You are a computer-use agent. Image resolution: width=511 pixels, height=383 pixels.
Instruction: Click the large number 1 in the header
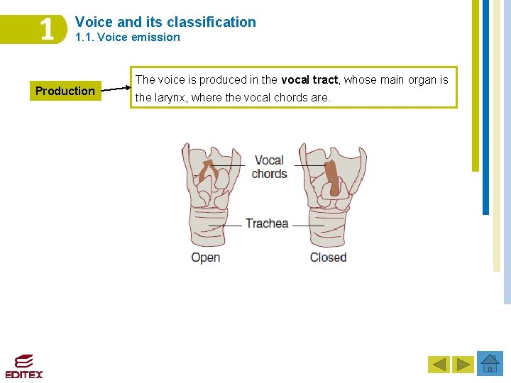pyautogui.click(x=46, y=30)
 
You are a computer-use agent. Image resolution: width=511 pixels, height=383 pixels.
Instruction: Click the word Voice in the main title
pyautogui.click(x=93, y=22)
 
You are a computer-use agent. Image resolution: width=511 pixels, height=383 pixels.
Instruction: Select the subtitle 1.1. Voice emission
pyautogui.click(x=128, y=38)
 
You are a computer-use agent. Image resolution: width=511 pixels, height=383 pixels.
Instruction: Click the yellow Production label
pyautogui.click(x=65, y=91)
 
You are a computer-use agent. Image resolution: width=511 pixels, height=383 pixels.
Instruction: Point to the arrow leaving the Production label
pyautogui.click(x=114, y=89)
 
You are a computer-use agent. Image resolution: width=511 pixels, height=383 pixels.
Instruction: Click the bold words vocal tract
pyautogui.click(x=310, y=80)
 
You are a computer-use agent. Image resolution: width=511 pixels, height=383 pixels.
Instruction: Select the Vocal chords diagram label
pyautogui.click(x=269, y=167)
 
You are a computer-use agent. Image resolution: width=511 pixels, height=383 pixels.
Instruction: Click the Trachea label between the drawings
pyautogui.click(x=267, y=223)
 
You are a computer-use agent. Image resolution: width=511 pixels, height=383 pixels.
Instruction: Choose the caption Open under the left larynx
pyautogui.click(x=205, y=257)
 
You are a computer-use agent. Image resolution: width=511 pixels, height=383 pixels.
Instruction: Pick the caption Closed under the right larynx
pyautogui.click(x=328, y=257)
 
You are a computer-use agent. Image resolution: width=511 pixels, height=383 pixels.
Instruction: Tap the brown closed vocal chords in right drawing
pyautogui.click(x=331, y=177)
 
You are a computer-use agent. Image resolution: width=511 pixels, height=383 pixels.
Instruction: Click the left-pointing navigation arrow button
pyautogui.click(x=439, y=365)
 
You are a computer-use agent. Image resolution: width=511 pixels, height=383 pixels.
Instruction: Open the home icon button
pyautogui.click(x=490, y=363)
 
